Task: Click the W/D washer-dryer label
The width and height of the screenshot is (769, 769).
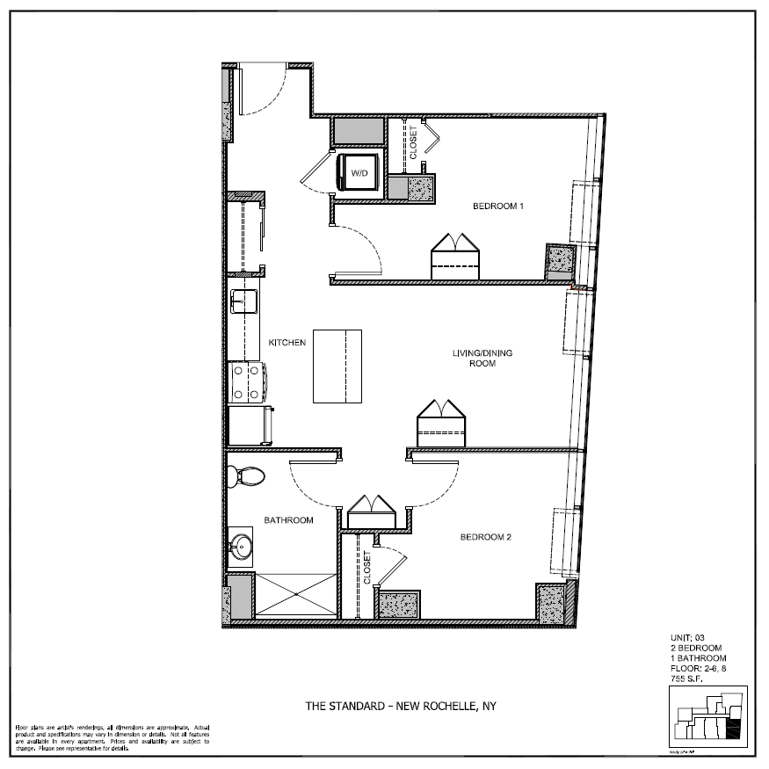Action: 360,174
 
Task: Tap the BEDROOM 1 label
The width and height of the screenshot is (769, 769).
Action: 498,207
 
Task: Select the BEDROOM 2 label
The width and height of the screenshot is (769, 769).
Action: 486,537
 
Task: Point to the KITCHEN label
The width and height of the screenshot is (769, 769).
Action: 287,343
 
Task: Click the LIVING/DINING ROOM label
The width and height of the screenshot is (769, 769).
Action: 482,358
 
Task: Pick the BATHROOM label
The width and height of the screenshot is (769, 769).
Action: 289,520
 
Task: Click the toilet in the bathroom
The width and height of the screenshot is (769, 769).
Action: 247,477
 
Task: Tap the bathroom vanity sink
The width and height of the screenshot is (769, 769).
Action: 241,548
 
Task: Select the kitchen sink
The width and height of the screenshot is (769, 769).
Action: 243,301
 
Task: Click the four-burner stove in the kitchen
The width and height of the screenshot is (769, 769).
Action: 246,381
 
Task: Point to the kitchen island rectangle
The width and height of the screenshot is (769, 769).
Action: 337,366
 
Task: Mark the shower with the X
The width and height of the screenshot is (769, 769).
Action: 297,596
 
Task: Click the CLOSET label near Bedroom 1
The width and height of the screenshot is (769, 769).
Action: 413,142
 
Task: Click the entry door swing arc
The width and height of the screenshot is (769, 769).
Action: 264,90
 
